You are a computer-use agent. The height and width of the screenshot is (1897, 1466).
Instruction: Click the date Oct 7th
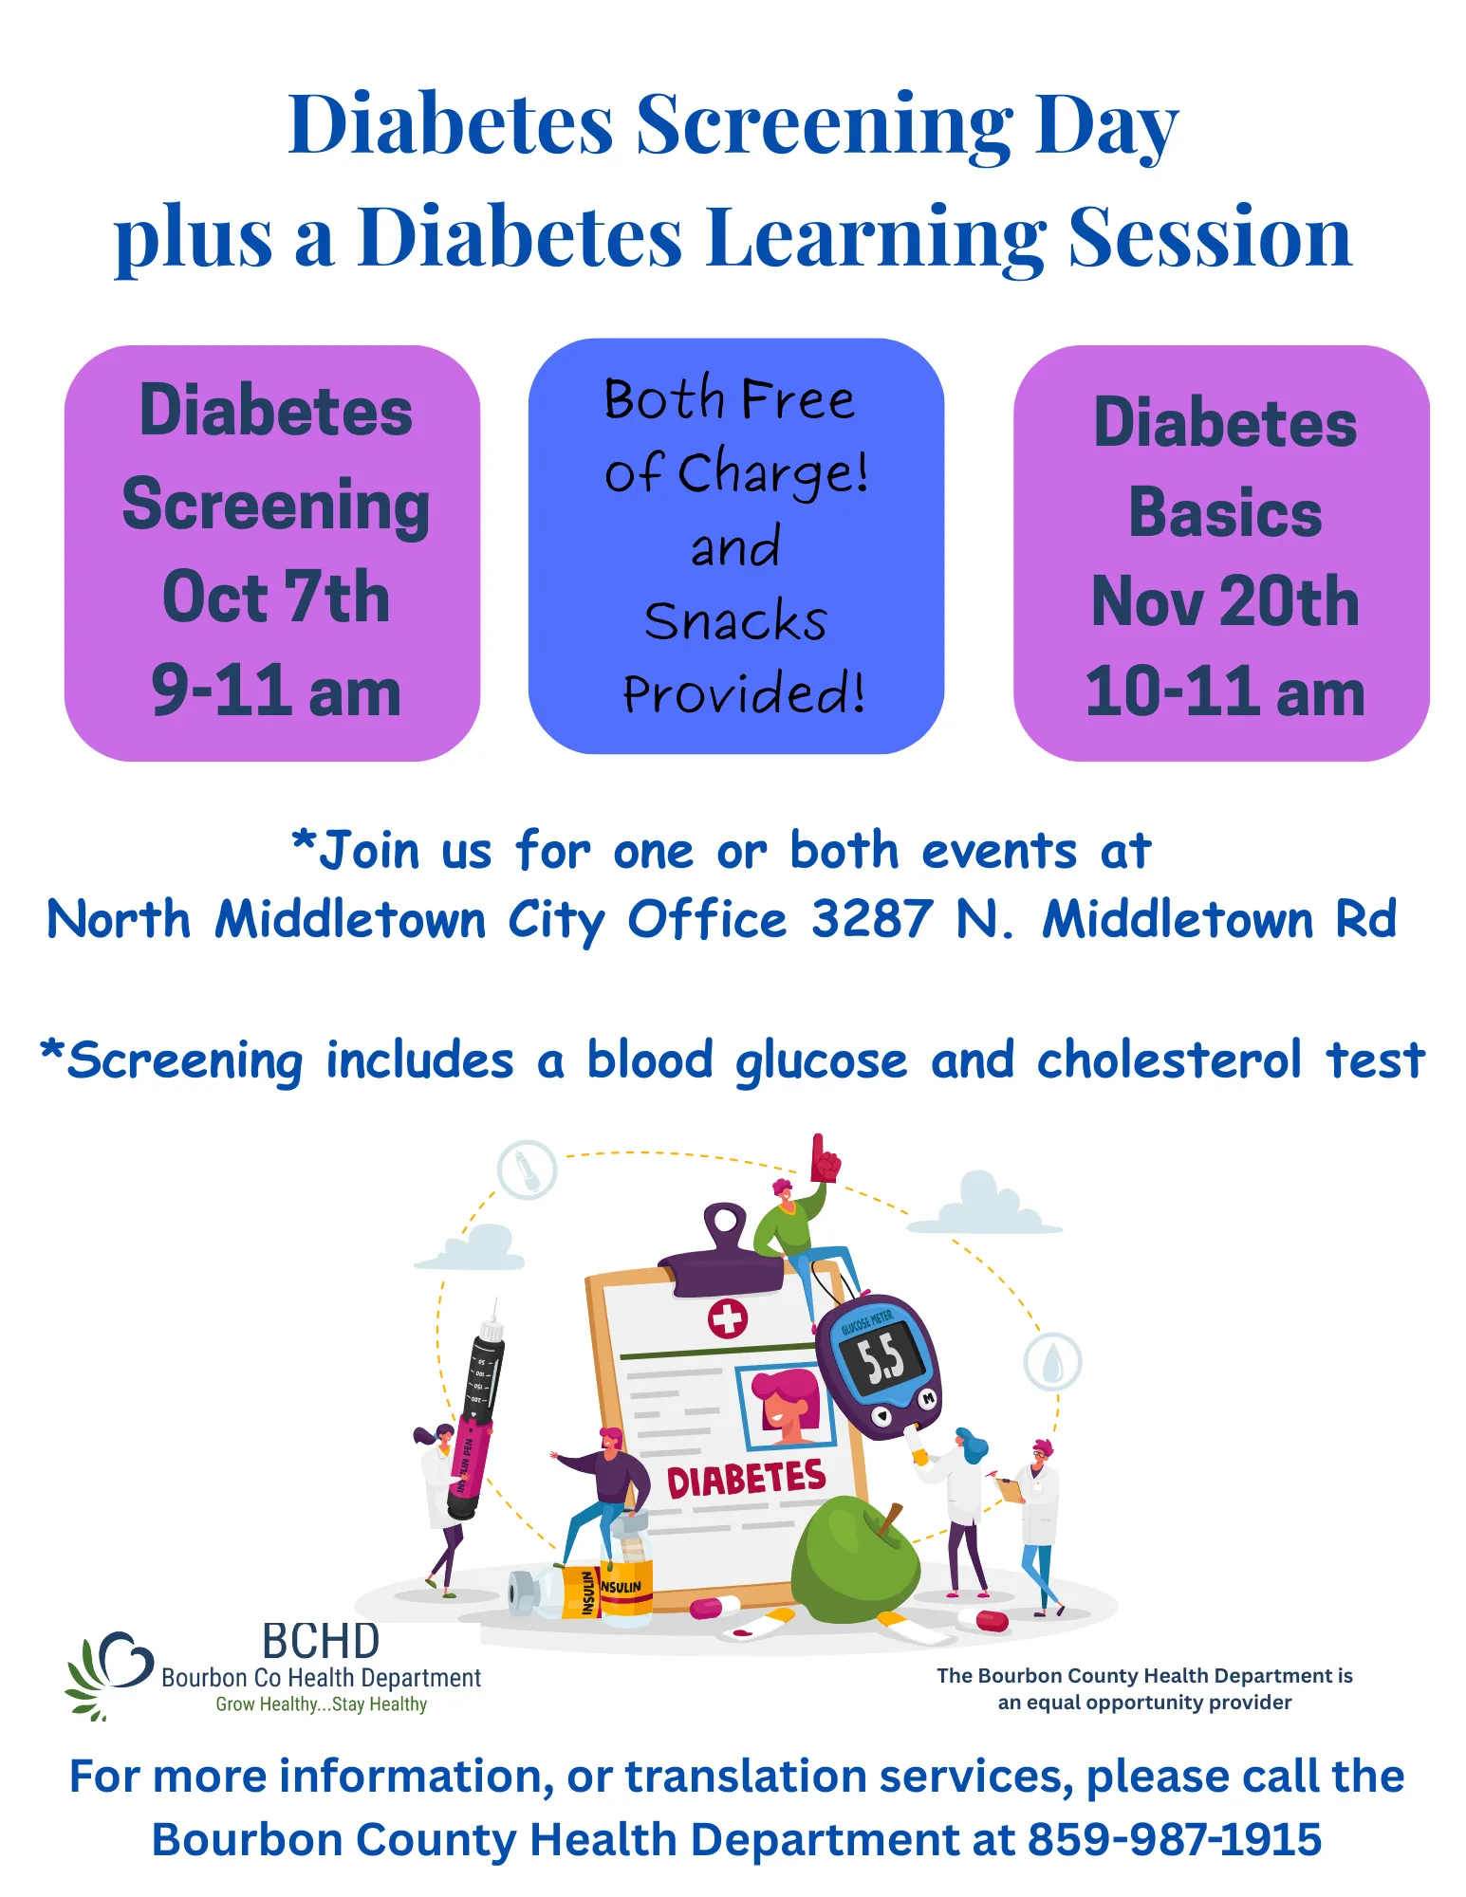(x=275, y=598)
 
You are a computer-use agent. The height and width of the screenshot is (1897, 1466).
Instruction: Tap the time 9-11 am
(x=275, y=691)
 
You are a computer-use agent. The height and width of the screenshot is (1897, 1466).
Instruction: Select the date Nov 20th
(x=1225, y=601)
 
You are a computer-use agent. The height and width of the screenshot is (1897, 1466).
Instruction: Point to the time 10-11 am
(x=1225, y=691)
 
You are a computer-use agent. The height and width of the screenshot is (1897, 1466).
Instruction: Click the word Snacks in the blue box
(x=735, y=621)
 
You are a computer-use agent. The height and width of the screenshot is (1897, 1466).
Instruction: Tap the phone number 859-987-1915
(x=1175, y=1839)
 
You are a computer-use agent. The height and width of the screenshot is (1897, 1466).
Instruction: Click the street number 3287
(x=872, y=919)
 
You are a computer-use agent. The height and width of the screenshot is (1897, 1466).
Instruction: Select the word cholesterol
(x=1168, y=1059)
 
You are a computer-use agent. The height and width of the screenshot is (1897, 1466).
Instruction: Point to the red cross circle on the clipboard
(x=728, y=1318)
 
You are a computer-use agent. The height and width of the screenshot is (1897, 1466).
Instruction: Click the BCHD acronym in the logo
(x=321, y=1641)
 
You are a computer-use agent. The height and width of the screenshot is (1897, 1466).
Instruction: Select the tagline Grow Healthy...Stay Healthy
(x=321, y=1704)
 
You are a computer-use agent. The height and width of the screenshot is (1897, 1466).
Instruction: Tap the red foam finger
(x=824, y=1159)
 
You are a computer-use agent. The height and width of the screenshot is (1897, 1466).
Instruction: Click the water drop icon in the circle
(x=1052, y=1363)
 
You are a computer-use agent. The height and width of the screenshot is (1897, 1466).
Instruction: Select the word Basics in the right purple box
(x=1225, y=512)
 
